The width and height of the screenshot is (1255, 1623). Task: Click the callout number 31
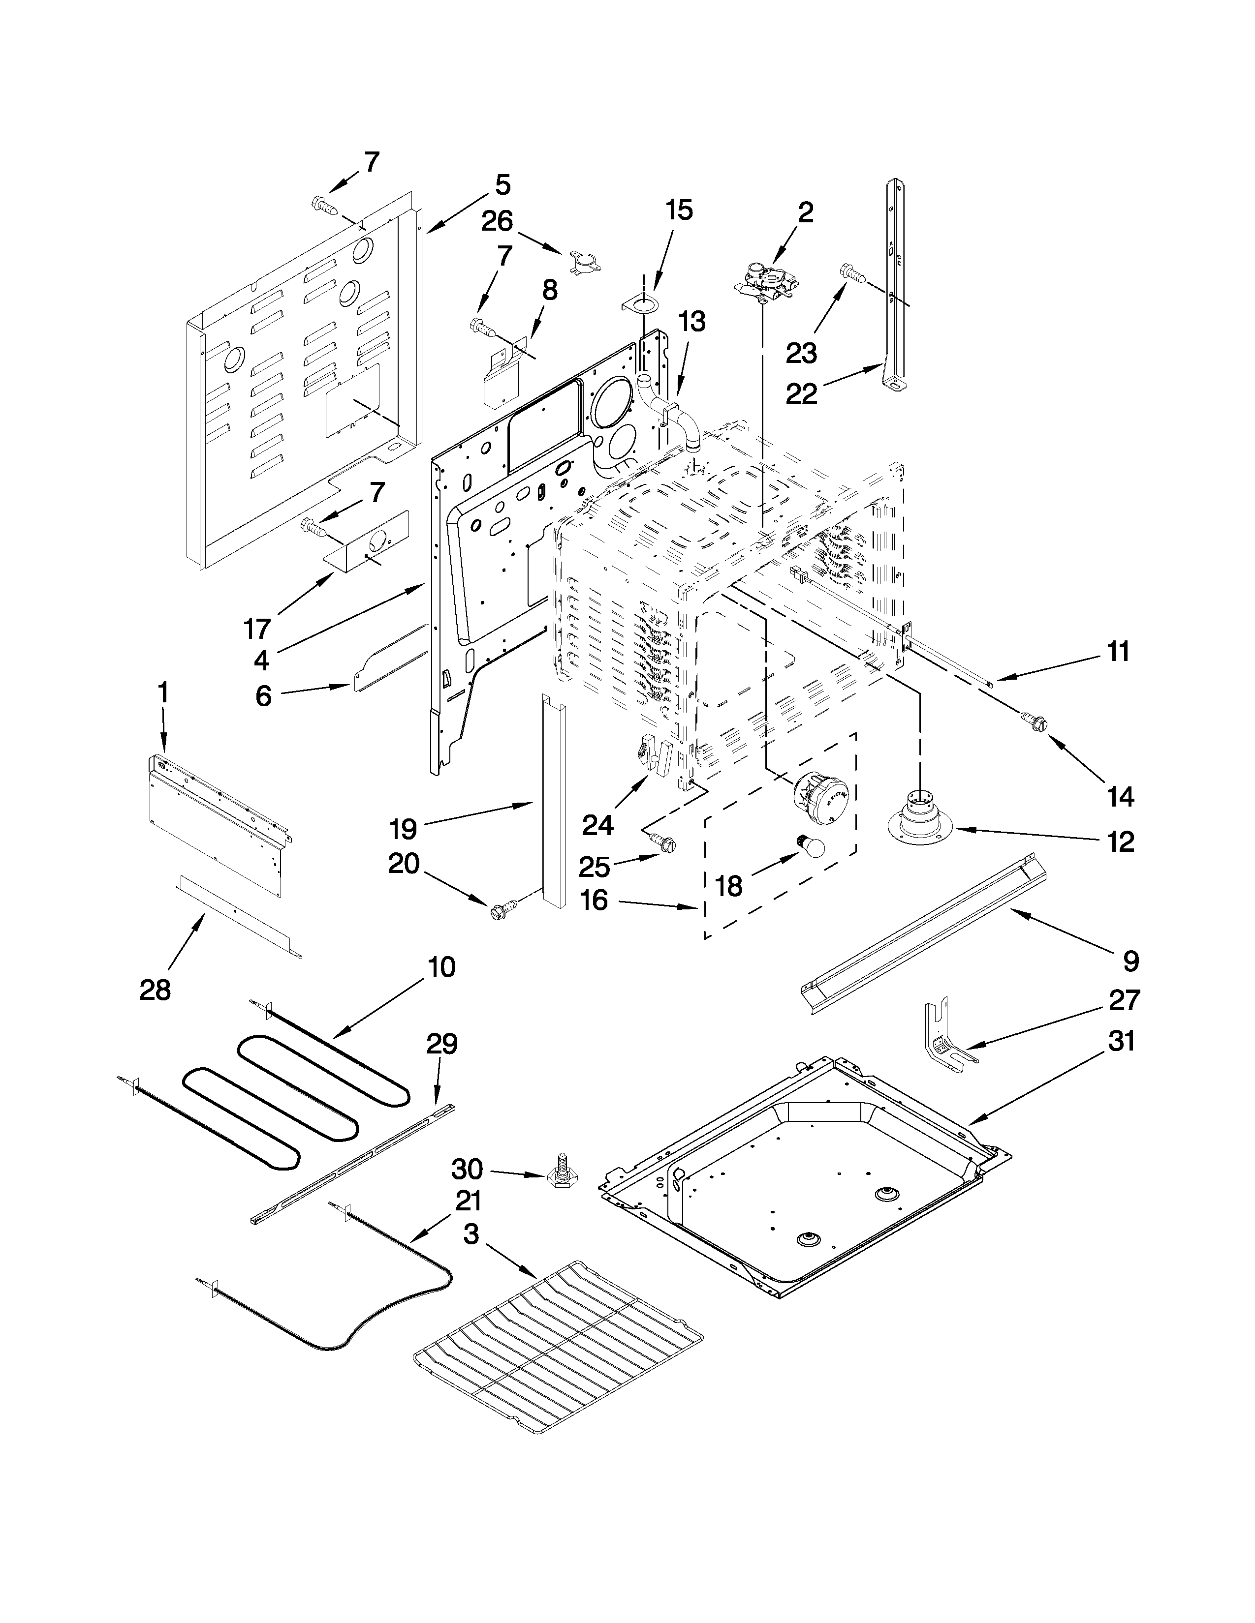(1121, 1041)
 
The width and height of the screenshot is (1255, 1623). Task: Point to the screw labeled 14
(1034, 720)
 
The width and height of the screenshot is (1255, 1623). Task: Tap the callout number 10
(441, 967)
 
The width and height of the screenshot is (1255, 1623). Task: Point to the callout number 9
(1130, 961)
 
